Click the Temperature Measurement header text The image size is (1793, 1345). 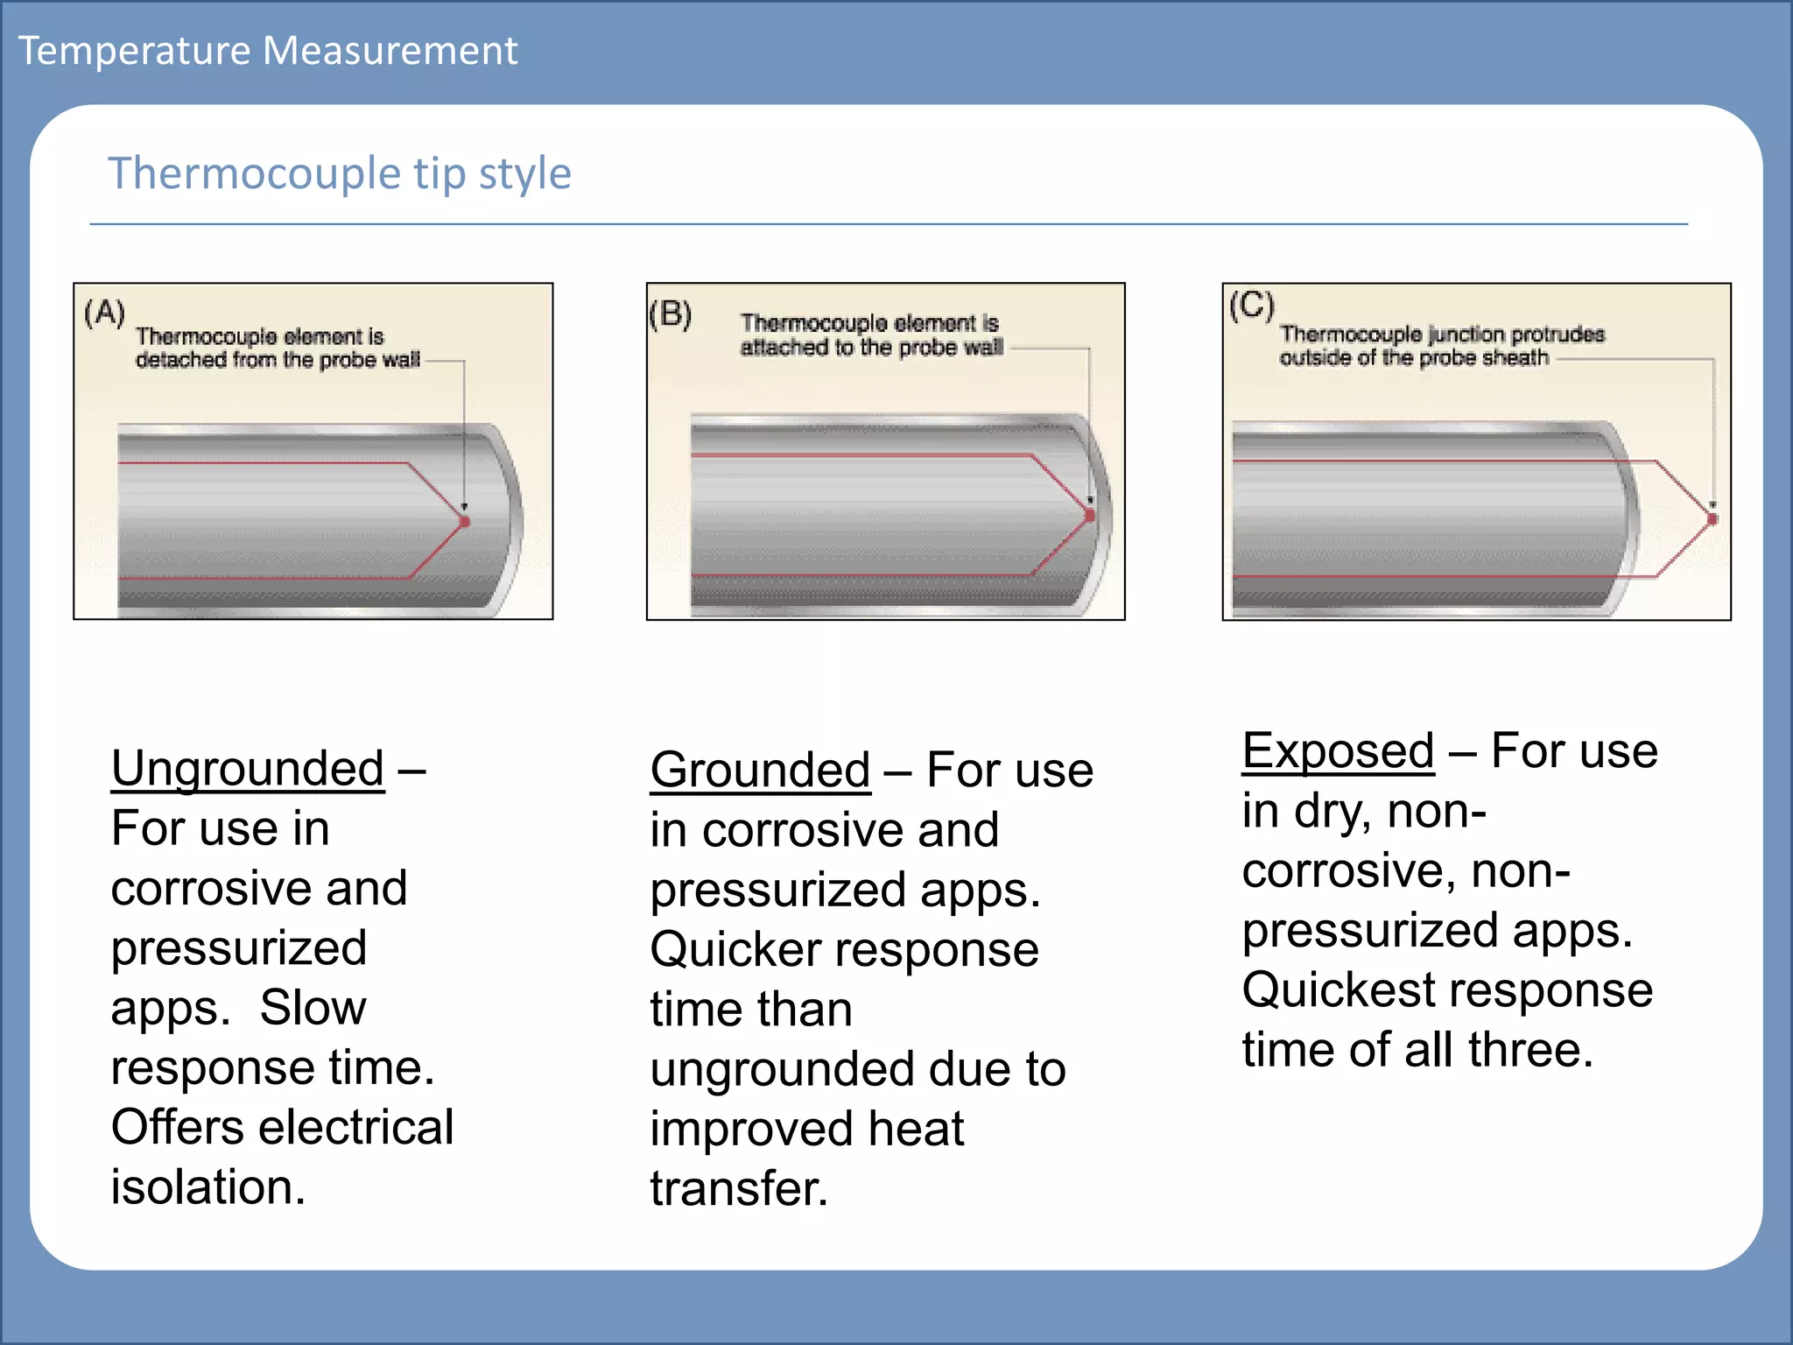[268, 51]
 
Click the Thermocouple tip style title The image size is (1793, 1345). [340, 173]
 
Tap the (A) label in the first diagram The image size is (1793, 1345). [105, 313]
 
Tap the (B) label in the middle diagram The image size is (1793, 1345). [671, 313]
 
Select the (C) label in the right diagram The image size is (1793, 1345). [1252, 306]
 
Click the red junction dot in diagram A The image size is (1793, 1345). [465, 522]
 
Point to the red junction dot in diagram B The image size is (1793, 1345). [1090, 516]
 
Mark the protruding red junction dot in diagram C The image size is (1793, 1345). [1712, 519]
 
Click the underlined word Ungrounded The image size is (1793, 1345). [248, 769]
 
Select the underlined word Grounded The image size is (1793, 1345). [760, 771]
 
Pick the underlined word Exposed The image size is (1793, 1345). [1338, 751]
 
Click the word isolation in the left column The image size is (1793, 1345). [208, 1187]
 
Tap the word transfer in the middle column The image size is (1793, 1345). [739, 1189]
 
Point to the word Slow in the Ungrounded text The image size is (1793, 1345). [313, 1008]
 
